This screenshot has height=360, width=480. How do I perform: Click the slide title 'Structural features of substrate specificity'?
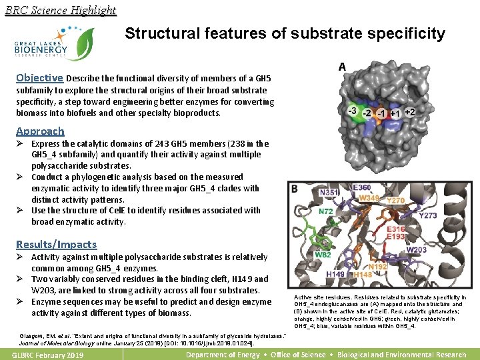(285, 33)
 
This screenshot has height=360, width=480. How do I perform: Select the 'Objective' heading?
(40, 77)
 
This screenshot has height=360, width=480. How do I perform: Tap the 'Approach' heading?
(40, 131)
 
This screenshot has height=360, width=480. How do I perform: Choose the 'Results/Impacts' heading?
(56, 245)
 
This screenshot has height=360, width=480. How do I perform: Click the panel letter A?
(342, 67)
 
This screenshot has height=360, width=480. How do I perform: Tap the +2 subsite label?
(409, 112)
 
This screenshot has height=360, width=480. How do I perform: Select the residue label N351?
(329, 193)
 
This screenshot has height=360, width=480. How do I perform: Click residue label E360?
(361, 189)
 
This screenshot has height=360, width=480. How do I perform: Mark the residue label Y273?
(428, 215)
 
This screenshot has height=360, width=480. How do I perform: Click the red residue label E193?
(396, 237)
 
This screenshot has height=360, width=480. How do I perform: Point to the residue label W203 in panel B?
(417, 250)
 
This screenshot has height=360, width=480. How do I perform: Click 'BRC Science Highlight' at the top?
(60, 10)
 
